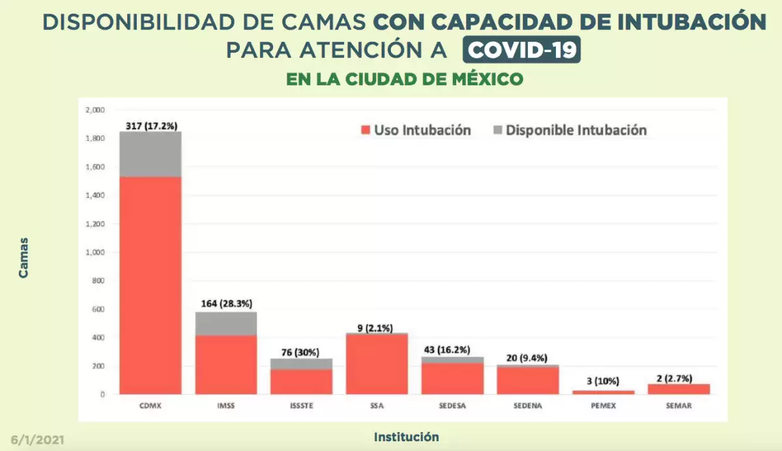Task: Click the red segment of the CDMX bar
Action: [x=150, y=285]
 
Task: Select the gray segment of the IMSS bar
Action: [x=225, y=323]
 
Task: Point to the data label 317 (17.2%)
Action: [x=151, y=125]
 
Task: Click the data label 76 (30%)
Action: [x=301, y=352]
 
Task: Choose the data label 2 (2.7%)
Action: [x=678, y=377]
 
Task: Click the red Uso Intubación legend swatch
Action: [x=365, y=130]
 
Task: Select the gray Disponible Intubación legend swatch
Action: [x=498, y=130]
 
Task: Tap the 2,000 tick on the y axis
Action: [x=94, y=110]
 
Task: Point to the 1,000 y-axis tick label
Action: [x=94, y=252]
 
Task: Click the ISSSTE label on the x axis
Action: [x=301, y=405]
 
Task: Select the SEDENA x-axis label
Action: [x=528, y=405]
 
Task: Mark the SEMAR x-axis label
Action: [x=678, y=405]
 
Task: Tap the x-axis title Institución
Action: [x=406, y=437]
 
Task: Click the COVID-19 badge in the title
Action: [x=521, y=50]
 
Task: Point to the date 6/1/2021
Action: [x=37, y=440]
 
